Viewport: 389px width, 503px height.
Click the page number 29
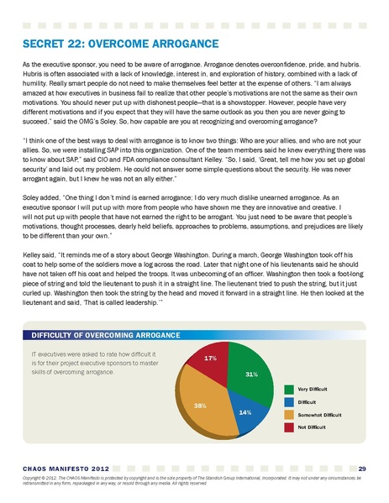point(361,468)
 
